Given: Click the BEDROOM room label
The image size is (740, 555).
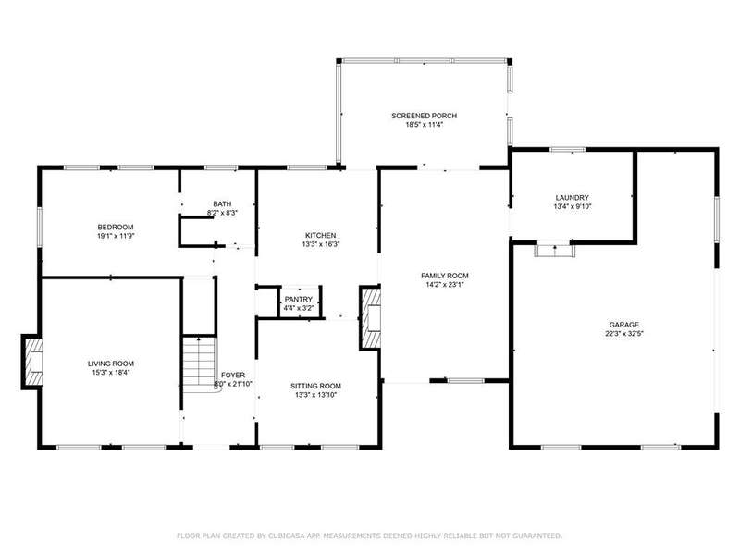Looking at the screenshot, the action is pos(116,227).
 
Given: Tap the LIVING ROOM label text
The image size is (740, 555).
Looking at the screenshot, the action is pos(111,364).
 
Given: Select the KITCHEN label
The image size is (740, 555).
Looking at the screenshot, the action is pos(321,236).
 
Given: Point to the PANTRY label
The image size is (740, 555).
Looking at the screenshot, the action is pos(299,299).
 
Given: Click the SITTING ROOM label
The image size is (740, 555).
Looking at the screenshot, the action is pos(315,386).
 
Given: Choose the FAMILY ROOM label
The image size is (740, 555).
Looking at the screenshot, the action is pos(445,276).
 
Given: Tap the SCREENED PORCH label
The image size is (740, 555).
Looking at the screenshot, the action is pos(425,116).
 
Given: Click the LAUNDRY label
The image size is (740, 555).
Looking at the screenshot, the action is pos(573,198).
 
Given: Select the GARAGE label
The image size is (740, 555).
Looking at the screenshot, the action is pos(624,325).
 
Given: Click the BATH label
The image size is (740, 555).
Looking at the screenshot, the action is pos(222,203).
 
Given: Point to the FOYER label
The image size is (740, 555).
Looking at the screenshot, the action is pos(233,376).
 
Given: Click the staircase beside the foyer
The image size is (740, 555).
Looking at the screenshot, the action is pos(200,363).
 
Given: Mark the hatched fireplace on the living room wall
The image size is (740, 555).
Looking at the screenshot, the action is pos(33,362).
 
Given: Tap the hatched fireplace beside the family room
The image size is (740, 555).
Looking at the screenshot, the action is pos(371,317).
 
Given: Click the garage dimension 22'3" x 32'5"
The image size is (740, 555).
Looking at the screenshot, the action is pos(624,334).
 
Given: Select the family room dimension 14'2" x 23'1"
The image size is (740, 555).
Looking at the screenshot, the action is pos(445,285).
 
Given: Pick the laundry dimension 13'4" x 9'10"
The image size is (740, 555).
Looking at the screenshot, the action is pos(573,206).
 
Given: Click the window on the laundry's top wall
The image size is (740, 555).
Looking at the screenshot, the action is pos(568,150).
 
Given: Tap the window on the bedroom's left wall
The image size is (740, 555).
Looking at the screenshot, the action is pos(40,227).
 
